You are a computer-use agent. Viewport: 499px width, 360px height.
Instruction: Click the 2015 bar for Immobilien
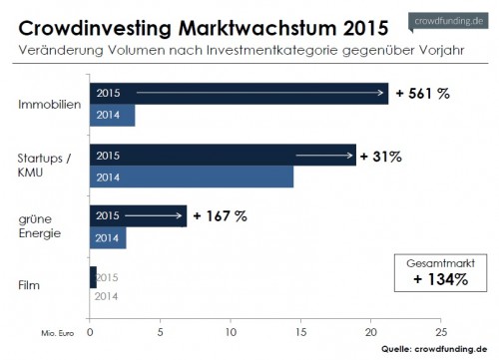240,93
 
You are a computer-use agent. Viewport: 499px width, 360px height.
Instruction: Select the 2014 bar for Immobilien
112,115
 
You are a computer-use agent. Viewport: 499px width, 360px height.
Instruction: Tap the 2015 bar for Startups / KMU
223,155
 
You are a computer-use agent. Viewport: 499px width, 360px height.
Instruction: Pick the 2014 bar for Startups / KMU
192,177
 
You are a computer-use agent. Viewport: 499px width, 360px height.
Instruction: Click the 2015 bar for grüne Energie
138,215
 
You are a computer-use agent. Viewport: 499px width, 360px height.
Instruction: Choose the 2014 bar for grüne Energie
108,238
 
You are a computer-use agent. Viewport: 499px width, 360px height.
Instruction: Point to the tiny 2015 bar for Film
93,276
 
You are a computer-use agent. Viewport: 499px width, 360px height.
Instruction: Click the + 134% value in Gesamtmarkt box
440,279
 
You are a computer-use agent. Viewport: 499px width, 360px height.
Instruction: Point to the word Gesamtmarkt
440,261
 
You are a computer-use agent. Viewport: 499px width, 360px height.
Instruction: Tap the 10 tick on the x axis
231,332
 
